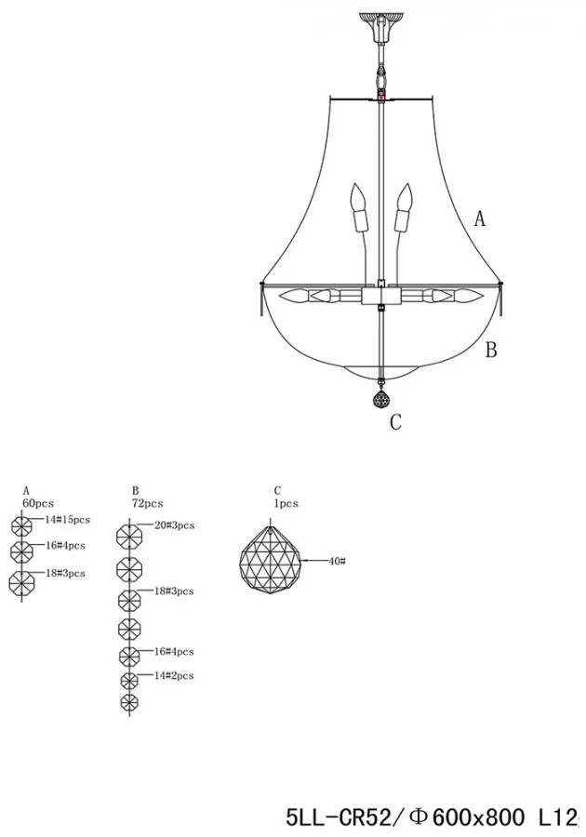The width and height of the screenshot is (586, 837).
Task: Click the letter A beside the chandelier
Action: click(x=480, y=219)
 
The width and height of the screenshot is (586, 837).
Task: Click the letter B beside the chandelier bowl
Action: click(x=491, y=350)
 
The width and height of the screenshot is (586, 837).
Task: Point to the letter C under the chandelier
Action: click(x=395, y=422)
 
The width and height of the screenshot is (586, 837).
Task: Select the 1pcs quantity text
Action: click(x=286, y=503)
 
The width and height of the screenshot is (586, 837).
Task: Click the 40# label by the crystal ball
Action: click(x=337, y=561)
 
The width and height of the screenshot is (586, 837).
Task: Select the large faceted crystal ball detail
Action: click(x=271, y=561)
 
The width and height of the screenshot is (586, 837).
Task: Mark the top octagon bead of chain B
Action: click(x=129, y=536)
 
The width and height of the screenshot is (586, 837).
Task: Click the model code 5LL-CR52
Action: click(x=342, y=817)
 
